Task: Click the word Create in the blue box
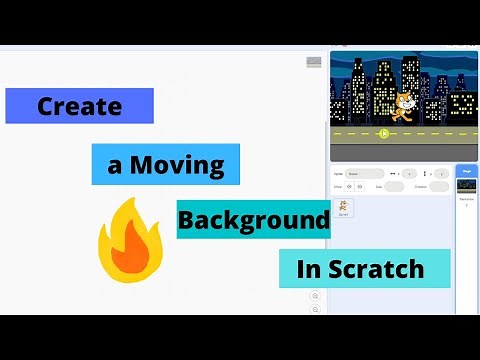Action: [80, 106]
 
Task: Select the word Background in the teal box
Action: [254, 218]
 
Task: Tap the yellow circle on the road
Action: [384, 131]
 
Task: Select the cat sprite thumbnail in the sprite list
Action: [345, 206]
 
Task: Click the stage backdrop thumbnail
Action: [466, 185]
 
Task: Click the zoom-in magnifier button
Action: [316, 296]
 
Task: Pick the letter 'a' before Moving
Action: [115, 164]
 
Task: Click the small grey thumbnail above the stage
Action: [314, 62]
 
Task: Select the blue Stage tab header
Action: [466, 171]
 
